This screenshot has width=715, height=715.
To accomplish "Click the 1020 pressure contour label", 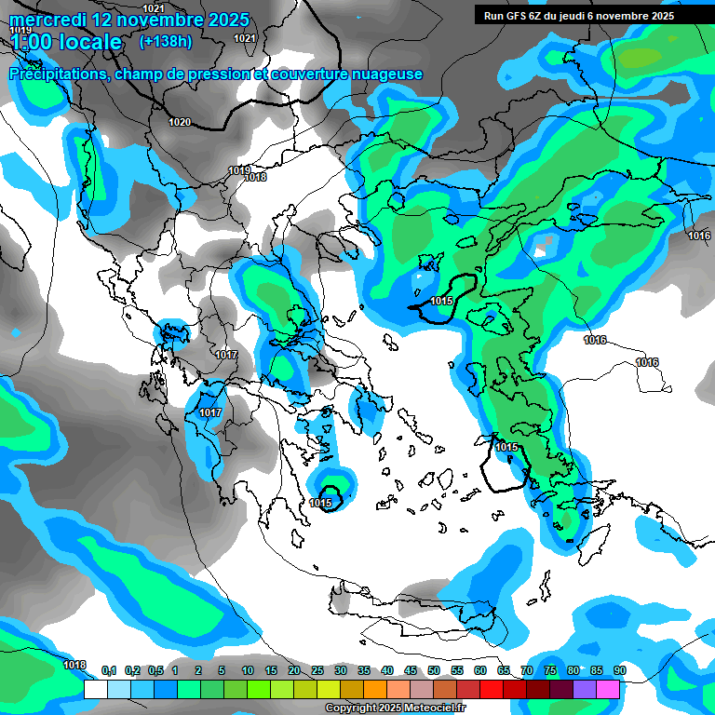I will [180, 122].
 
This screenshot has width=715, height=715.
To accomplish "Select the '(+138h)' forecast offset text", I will [166, 42].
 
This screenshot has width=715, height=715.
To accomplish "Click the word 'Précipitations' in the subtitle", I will [57, 74].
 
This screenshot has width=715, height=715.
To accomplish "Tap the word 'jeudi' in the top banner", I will [587, 16].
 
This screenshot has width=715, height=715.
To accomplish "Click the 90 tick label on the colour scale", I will [620, 670].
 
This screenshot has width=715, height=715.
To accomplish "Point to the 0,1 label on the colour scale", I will [108, 670].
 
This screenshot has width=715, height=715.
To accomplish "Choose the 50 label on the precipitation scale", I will [434, 670].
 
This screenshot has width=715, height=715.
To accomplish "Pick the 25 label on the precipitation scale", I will [317, 670].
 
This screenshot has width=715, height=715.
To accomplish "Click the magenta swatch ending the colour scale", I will [608, 690].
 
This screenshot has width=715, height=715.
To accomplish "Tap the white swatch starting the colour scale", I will [95, 690].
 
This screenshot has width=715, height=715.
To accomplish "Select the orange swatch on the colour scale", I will [374, 690].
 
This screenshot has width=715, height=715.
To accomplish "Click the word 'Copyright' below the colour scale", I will [351, 708].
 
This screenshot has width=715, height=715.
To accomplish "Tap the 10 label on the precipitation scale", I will [248, 670].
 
